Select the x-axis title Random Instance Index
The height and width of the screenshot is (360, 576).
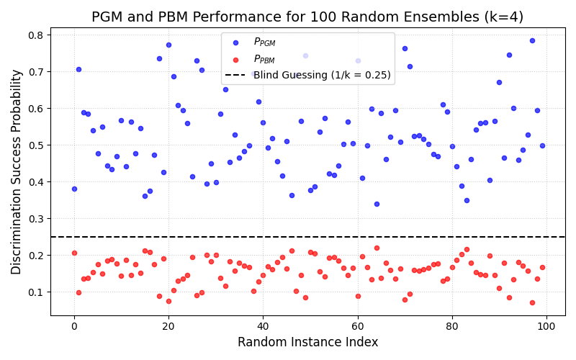[307, 342]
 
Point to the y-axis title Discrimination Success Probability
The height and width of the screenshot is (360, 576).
[17, 171]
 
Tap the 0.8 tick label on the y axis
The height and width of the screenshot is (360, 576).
[35, 35]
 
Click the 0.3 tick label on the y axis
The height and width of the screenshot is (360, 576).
[35, 219]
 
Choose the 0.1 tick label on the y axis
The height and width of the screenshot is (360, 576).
[35, 292]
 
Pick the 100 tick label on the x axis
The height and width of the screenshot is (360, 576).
[546, 326]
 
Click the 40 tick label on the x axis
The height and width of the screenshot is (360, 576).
[263, 326]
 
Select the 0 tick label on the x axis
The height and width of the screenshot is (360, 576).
[74, 326]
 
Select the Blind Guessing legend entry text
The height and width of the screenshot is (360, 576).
[322, 75]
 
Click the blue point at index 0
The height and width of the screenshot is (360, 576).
[74, 189]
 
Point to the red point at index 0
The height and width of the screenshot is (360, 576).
[74, 253]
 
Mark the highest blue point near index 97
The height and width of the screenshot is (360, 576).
[532, 40]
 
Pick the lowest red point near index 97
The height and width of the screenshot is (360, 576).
[532, 302]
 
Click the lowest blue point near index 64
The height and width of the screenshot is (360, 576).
[377, 204]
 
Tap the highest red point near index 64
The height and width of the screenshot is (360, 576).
[377, 248]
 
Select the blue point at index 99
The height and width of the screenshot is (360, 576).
[542, 145]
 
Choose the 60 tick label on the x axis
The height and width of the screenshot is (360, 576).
[358, 326]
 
